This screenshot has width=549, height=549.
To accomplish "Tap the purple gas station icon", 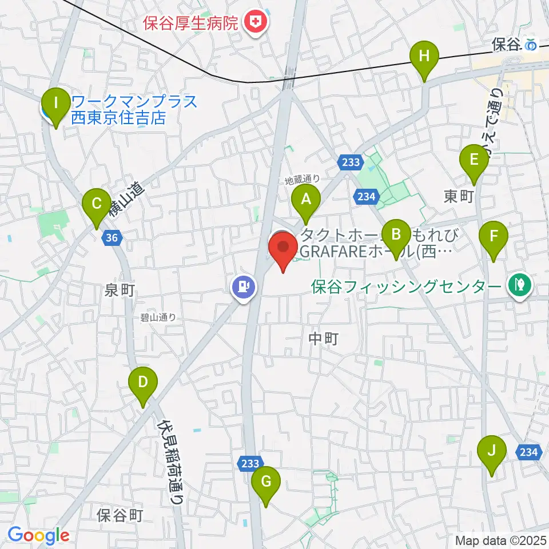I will coord(244,285).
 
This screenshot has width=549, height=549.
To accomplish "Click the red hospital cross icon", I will coord(253,23).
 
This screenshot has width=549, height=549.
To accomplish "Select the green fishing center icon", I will coord(520,285).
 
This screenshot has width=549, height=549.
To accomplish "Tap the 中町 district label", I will coord(324,339).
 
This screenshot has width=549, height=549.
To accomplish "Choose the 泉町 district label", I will coord(120,290).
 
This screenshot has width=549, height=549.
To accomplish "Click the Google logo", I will coord(38,535).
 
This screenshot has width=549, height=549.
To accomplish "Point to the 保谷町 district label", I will coord(120,515).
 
